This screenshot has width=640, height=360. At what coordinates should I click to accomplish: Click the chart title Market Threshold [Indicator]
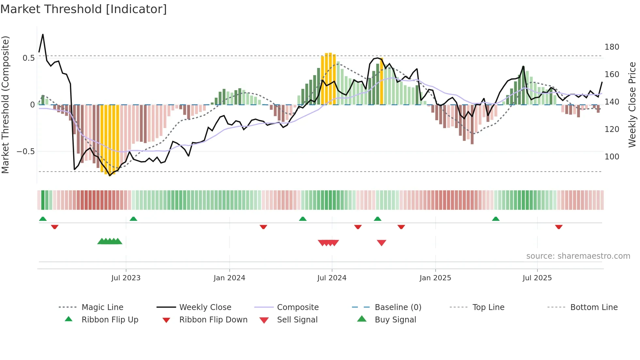click(84, 9)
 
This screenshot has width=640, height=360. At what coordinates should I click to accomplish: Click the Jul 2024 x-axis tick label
click(332, 278)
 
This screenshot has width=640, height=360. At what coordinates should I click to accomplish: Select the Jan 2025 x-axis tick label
click(435, 278)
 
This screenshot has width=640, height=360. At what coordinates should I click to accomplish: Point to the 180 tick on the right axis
click(612, 47)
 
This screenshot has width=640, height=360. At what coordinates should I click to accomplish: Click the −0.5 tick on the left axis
click(25, 152)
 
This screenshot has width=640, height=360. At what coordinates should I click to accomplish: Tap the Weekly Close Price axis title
click(632, 105)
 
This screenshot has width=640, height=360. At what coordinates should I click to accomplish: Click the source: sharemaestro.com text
click(578, 256)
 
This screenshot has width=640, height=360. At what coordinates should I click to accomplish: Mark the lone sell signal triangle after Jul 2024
click(381, 243)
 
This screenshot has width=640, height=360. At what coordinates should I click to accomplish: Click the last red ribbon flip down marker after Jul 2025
click(559, 227)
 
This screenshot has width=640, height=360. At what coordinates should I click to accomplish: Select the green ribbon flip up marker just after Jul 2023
click(133, 219)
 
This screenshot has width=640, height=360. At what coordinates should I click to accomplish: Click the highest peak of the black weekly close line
click(43, 35)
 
